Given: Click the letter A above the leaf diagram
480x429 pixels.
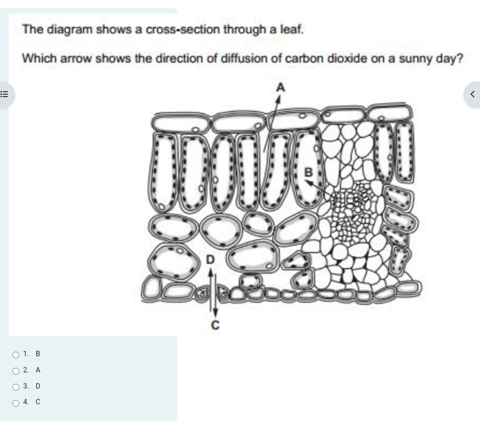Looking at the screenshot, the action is pyautogui.click(x=280, y=88).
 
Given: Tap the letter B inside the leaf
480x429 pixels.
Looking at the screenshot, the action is pyautogui.click(x=309, y=172).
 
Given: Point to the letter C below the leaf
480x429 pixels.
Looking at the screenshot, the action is pyautogui.click(x=216, y=325).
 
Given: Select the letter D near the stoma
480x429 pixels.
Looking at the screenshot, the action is pyautogui.click(x=210, y=260).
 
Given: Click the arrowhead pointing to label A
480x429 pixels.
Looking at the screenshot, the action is pyautogui.click(x=278, y=99).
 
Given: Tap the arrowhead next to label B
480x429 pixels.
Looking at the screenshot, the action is pyautogui.click(x=309, y=183).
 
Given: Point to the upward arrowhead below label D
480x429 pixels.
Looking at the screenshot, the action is pyautogui.click(x=210, y=272).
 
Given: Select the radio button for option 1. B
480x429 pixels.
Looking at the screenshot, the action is pyautogui.click(x=16, y=355).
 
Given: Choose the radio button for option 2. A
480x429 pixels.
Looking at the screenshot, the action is pyautogui.click(x=16, y=371).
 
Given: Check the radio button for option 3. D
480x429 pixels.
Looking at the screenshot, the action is pyautogui.click(x=16, y=387).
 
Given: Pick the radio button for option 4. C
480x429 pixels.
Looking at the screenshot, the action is pyautogui.click(x=16, y=403).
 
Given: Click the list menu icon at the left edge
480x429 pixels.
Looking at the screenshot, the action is pyautogui.click(x=4, y=94).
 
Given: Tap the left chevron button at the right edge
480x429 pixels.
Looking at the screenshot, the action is pyautogui.click(x=472, y=94).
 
